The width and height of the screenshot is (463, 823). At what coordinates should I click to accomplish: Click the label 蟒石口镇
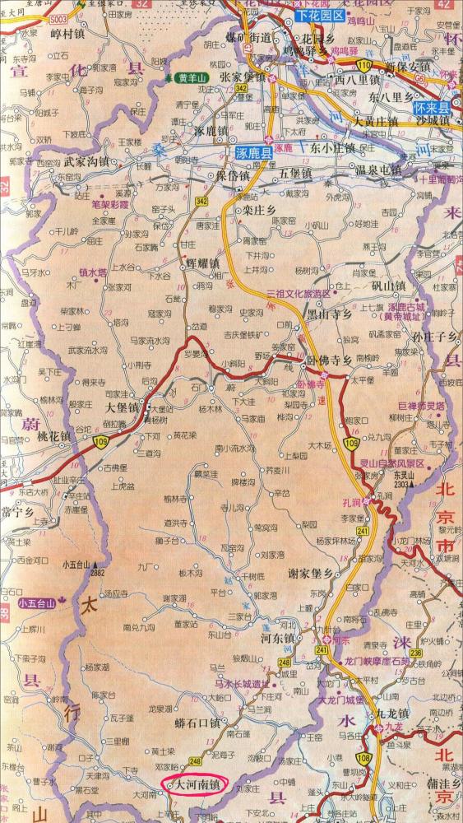(x=199, y=723)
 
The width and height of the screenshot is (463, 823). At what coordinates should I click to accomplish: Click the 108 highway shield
(x=361, y=757)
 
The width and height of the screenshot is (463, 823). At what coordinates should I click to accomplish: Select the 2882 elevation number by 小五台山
(x=100, y=571)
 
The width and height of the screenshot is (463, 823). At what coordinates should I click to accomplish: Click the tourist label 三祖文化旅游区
(x=298, y=294)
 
